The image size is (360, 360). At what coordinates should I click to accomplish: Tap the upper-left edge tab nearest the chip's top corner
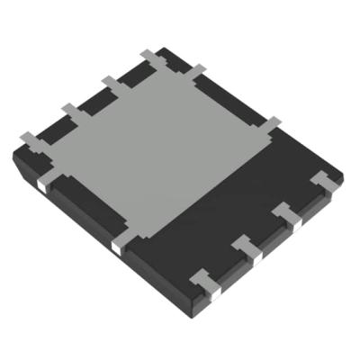[149, 58]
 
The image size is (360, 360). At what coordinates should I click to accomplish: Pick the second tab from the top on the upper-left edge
[111, 85]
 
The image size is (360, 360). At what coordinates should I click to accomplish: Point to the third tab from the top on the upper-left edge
[69, 112]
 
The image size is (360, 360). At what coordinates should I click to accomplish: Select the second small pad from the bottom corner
[247, 247]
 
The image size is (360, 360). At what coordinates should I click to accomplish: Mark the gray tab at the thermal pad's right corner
[270, 124]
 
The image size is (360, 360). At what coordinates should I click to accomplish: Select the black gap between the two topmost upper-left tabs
[130, 72]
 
